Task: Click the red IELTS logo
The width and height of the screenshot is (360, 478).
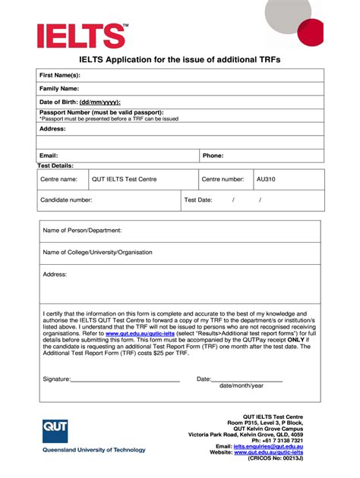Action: tap(81, 35)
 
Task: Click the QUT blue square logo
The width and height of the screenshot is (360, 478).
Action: tap(55, 432)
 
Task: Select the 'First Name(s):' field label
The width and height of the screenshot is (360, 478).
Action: tap(60, 75)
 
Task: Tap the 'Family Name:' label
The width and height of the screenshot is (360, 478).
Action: tap(60, 88)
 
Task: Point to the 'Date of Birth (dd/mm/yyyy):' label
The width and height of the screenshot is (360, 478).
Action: tap(80, 102)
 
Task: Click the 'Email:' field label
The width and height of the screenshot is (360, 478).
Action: tap(49, 156)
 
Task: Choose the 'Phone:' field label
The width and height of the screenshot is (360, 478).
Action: tap(213, 156)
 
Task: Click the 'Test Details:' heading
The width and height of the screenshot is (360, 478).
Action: tap(56, 165)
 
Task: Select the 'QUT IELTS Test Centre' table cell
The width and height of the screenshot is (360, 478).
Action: tap(124, 179)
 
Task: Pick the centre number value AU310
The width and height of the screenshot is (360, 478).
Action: tap(266, 179)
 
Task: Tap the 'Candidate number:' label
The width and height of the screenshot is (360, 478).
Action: tap(66, 200)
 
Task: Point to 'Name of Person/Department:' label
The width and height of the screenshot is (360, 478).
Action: tap(82, 230)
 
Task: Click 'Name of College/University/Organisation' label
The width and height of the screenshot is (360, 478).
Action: tap(97, 252)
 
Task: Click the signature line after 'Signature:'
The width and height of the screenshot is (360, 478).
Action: tap(125, 379)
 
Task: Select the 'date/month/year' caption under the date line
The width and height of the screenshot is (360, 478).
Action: tap(242, 385)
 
